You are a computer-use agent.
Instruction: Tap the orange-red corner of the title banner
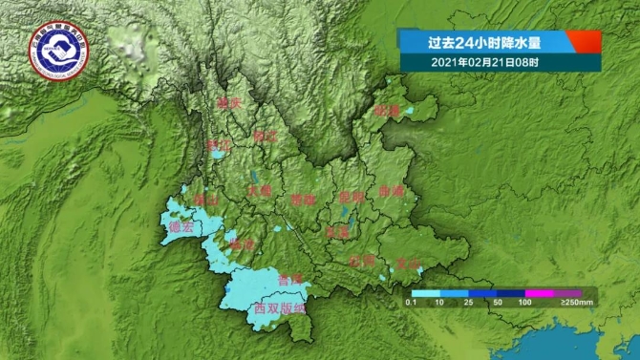(585, 41)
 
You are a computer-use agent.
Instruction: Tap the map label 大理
(259, 190)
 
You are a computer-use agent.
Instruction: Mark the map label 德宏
(180, 227)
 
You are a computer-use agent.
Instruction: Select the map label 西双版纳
(279, 308)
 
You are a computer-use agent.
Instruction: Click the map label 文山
(409, 262)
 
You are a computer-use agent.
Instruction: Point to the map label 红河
(361, 260)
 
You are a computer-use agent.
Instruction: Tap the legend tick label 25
(469, 303)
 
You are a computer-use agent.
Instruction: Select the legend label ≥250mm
(576, 303)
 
